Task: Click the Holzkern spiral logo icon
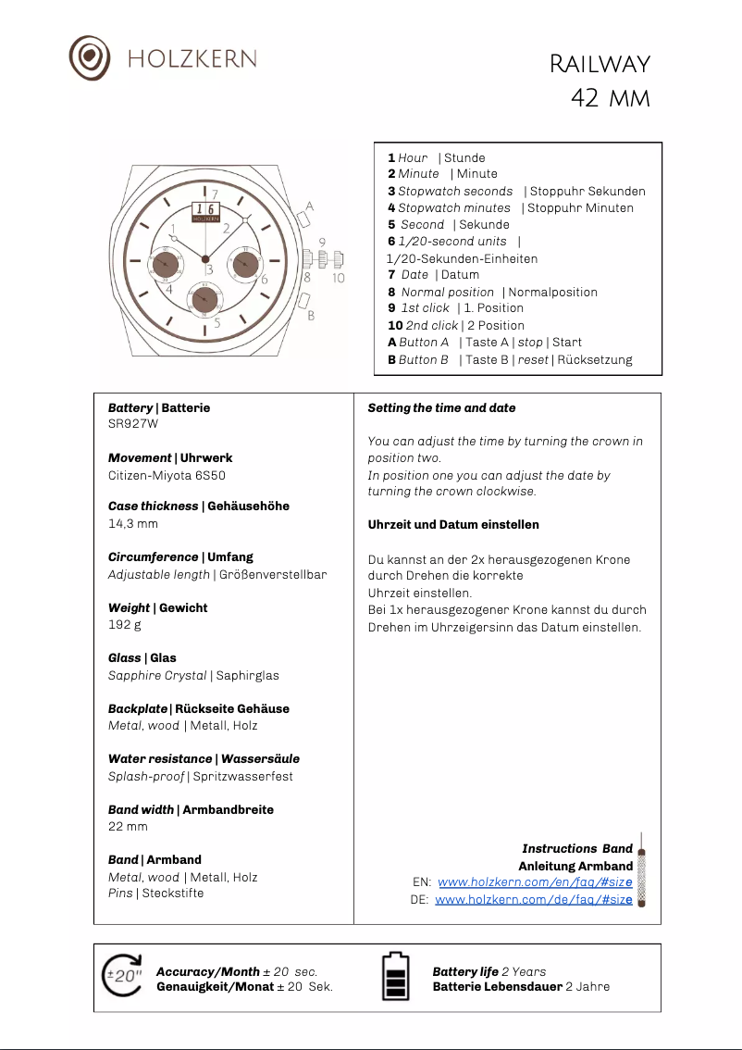pyautogui.click(x=89, y=57)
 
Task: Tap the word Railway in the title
pyautogui.click(x=600, y=64)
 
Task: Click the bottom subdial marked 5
pyautogui.click(x=204, y=300)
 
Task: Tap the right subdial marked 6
pyautogui.click(x=244, y=265)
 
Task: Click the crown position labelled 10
pyautogui.click(x=338, y=260)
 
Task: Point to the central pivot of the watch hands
pyautogui.click(x=205, y=258)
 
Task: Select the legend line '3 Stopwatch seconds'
pyautogui.click(x=450, y=191)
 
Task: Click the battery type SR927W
pyautogui.click(x=133, y=425)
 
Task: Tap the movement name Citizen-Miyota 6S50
pyautogui.click(x=167, y=475)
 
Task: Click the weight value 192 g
pyautogui.click(x=125, y=625)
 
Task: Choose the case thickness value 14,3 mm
pyautogui.click(x=133, y=524)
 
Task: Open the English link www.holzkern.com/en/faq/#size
pyautogui.click(x=535, y=882)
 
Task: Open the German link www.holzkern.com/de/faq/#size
pyautogui.click(x=534, y=899)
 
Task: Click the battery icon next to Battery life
pyautogui.click(x=396, y=977)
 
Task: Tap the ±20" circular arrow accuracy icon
pyautogui.click(x=123, y=975)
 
